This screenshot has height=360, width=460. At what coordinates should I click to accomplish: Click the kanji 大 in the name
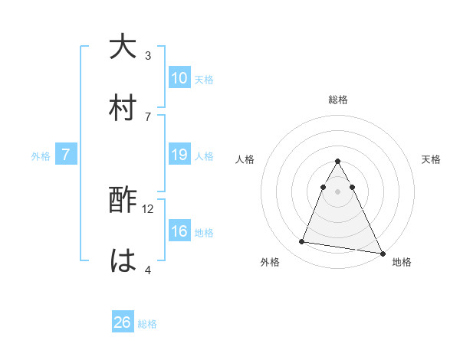(123, 47)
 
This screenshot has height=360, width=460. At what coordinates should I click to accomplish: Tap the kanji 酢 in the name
(123, 201)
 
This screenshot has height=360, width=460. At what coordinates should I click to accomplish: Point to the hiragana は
(123, 260)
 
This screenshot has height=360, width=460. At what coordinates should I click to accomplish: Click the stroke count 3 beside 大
(148, 56)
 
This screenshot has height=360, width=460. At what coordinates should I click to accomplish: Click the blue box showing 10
(179, 77)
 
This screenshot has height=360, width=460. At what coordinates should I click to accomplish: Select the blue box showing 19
(179, 155)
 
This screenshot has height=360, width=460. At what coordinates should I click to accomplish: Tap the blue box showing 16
(179, 231)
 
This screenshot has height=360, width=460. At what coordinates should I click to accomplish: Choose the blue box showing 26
(123, 322)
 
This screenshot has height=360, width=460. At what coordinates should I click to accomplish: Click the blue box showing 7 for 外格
(66, 155)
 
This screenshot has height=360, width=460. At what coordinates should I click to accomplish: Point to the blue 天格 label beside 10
(204, 79)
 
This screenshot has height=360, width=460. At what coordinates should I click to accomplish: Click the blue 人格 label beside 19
(204, 156)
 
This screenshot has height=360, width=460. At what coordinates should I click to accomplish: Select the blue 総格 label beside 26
(147, 324)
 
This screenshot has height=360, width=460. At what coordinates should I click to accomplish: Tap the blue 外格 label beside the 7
(41, 156)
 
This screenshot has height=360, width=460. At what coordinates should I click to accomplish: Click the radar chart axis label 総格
(338, 100)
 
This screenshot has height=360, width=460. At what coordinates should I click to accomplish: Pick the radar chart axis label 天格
(431, 159)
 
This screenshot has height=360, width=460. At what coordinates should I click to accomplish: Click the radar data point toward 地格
(382, 253)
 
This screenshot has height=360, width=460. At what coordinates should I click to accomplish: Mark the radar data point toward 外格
(302, 242)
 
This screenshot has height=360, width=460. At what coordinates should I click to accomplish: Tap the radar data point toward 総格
(338, 162)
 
